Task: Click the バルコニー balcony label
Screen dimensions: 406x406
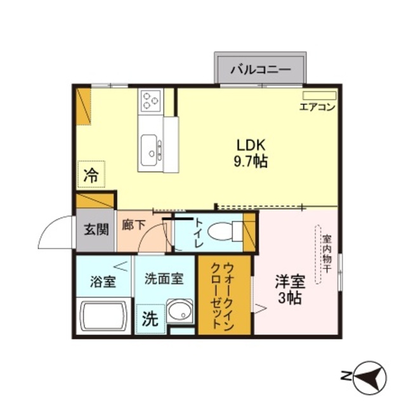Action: tap(260, 69)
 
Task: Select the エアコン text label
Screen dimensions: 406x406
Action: tap(317, 107)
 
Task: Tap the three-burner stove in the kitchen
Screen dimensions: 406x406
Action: tap(151, 100)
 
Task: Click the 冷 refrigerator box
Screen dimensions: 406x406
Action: tap(91, 175)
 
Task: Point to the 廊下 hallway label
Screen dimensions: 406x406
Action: tap(133, 225)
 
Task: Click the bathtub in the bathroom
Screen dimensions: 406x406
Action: tap(103, 315)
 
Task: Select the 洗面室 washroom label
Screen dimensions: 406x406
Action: tap(164, 278)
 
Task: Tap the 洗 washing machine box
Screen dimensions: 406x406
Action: tap(150, 319)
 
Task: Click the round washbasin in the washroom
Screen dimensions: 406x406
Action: tap(180, 313)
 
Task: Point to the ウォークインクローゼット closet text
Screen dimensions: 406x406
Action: tap(223, 294)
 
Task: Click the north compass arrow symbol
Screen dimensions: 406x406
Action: tap(367, 375)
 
